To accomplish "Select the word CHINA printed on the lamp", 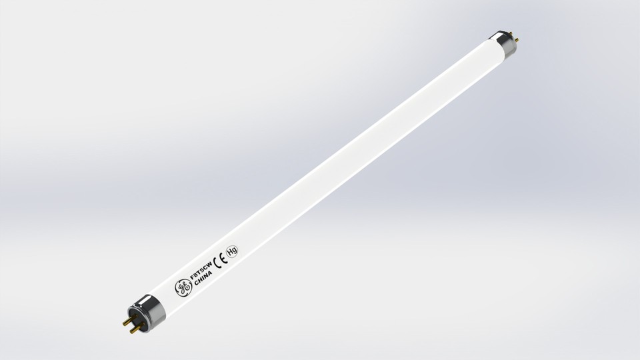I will coord(201,282).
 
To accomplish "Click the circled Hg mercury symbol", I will coord(232,251).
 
